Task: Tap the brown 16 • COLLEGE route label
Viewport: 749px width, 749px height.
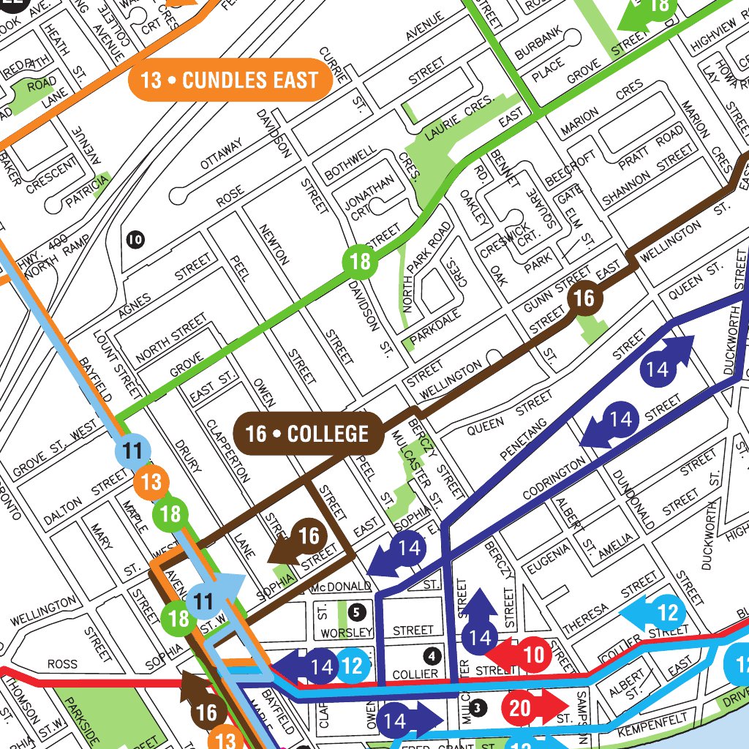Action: (308, 434)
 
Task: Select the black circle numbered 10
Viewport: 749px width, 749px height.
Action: (135, 238)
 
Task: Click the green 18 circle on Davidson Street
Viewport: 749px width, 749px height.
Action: (361, 261)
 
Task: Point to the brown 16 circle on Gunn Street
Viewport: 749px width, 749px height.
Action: (584, 298)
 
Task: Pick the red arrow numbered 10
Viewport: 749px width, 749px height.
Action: (523, 655)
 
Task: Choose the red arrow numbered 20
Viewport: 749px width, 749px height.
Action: (532, 708)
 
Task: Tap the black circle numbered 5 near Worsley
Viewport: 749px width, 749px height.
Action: (356, 611)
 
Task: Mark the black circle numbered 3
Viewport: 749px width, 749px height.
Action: (478, 707)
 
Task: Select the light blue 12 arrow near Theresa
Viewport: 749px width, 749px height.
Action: (655, 612)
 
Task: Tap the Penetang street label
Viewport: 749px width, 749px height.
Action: (524, 439)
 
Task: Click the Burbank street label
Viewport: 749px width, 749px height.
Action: (538, 42)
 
